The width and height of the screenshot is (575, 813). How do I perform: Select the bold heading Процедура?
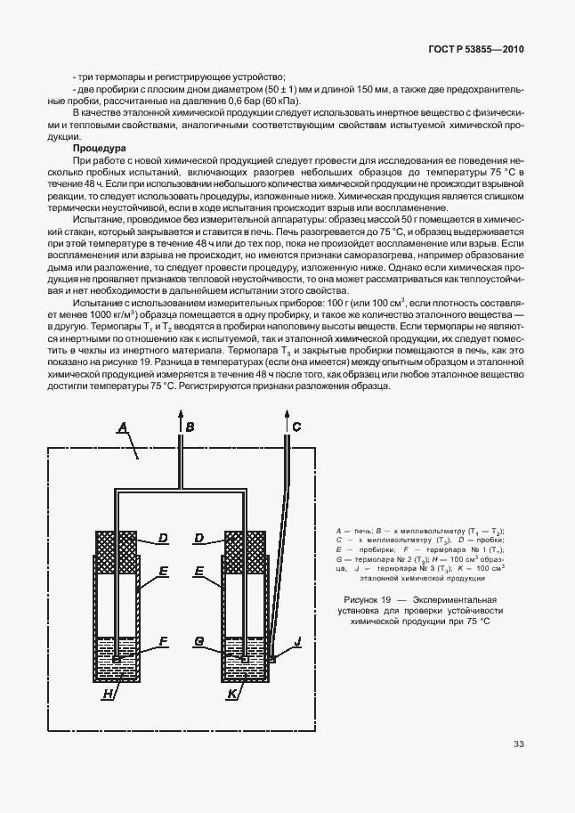tap(100, 148)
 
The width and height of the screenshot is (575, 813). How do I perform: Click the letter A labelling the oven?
tap(123, 428)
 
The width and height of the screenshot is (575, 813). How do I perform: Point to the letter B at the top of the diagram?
tap(190, 428)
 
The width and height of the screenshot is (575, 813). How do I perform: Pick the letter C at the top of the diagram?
tap(296, 428)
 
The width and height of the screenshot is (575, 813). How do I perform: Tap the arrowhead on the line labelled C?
tap(286, 416)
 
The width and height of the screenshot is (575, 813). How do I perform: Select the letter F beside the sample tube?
tap(163, 640)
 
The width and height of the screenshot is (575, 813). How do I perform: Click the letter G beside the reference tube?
tap(199, 640)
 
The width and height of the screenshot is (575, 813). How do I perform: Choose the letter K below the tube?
tap(232, 692)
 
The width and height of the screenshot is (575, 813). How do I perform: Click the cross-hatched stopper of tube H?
tap(116, 545)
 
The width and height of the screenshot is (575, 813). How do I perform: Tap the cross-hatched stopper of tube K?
tap(245, 545)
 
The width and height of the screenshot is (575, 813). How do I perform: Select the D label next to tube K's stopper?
tap(199, 538)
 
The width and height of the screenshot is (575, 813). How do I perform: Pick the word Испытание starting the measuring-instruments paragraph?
tap(100, 305)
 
